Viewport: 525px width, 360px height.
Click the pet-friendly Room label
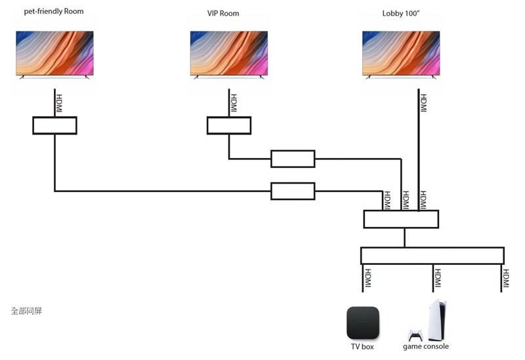(x=54, y=12)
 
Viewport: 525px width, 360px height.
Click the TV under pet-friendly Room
(x=54, y=54)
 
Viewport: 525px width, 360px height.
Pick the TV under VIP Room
(x=228, y=54)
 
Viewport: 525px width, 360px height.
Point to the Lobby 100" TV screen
(x=401, y=54)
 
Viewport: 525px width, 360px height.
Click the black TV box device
(x=362, y=322)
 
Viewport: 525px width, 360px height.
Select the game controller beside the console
(x=415, y=335)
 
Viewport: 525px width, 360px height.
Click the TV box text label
(x=362, y=346)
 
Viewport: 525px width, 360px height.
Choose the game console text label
(x=426, y=346)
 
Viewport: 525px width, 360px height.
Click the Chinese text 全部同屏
(x=26, y=310)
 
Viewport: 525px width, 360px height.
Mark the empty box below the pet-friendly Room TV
(x=54, y=125)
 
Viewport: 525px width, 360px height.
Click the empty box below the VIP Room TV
(x=228, y=125)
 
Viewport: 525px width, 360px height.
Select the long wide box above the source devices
(x=432, y=255)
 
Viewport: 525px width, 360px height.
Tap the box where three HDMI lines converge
(x=401, y=219)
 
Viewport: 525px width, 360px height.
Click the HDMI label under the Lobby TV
(x=423, y=103)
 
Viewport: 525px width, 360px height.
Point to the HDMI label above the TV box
(x=367, y=279)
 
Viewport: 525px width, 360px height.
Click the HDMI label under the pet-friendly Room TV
(x=60, y=103)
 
